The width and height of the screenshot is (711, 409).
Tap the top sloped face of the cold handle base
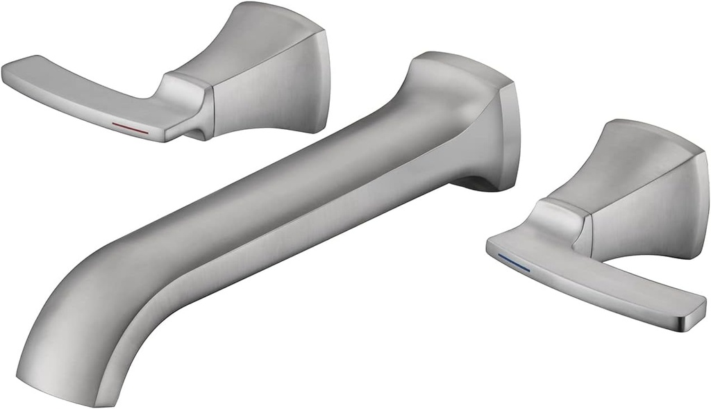click(639, 153)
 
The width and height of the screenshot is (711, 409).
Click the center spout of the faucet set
click(278, 208)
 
